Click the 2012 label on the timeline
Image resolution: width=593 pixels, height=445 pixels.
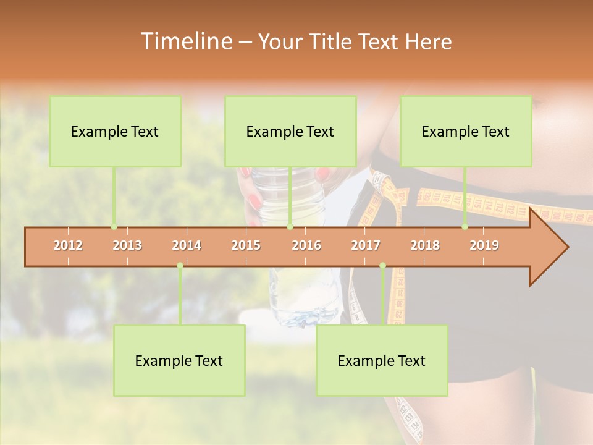pyautogui.click(x=68, y=245)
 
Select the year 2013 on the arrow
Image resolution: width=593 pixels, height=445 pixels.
pyautogui.click(x=127, y=245)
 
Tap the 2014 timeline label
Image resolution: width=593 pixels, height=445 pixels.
pyautogui.click(x=187, y=245)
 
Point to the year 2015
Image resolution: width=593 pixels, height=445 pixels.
pyautogui.click(x=246, y=245)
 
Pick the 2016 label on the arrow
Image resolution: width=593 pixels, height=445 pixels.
pyautogui.click(x=306, y=245)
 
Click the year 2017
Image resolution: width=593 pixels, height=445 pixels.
pyautogui.click(x=366, y=245)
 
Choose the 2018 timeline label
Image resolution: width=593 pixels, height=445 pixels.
pyautogui.click(x=425, y=245)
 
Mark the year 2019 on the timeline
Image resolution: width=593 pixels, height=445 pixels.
pyautogui.click(x=484, y=245)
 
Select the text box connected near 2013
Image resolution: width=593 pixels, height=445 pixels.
pyautogui.click(x=115, y=131)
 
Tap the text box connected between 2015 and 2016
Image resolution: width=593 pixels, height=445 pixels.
pyautogui.click(x=290, y=131)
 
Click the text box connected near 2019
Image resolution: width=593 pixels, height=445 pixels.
pyautogui.click(x=466, y=131)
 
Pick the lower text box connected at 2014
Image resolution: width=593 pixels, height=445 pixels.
pyautogui.click(x=179, y=360)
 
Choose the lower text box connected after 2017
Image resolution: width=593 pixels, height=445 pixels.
pyautogui.click(x=382, y=360)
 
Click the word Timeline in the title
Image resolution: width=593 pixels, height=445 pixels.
pyautogui.click(x=185, y=41)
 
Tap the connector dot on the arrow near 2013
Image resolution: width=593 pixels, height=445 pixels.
pyautogui.click(x=114, y=227)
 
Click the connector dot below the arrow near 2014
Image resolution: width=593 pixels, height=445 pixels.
pyautogui.click(x=180, y=266)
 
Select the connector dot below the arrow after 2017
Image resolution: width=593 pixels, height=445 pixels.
pyautogui.click(x=382, y=266)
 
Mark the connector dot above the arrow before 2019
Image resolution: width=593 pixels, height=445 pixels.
pyautogui.click(x=465, y=227)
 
